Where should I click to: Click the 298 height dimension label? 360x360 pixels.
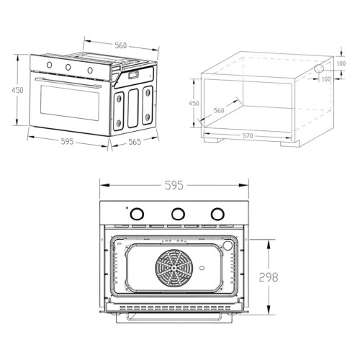[x=269, y=277]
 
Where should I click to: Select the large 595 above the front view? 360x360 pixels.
[x=174, y=185]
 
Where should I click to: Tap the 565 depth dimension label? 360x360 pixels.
[x=135, y=142]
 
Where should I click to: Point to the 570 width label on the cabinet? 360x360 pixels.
[x=248, y=136]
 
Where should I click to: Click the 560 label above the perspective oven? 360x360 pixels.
[x=120, y=45]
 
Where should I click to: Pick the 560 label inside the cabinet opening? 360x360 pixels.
[x=219, y=110]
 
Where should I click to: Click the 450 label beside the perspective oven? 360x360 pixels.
[x=17, y=90]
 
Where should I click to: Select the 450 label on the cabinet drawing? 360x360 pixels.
[x=194, y=103]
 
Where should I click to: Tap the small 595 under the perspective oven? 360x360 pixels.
[x=67, y=141]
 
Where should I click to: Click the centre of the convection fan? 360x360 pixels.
[x=174, y=267]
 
